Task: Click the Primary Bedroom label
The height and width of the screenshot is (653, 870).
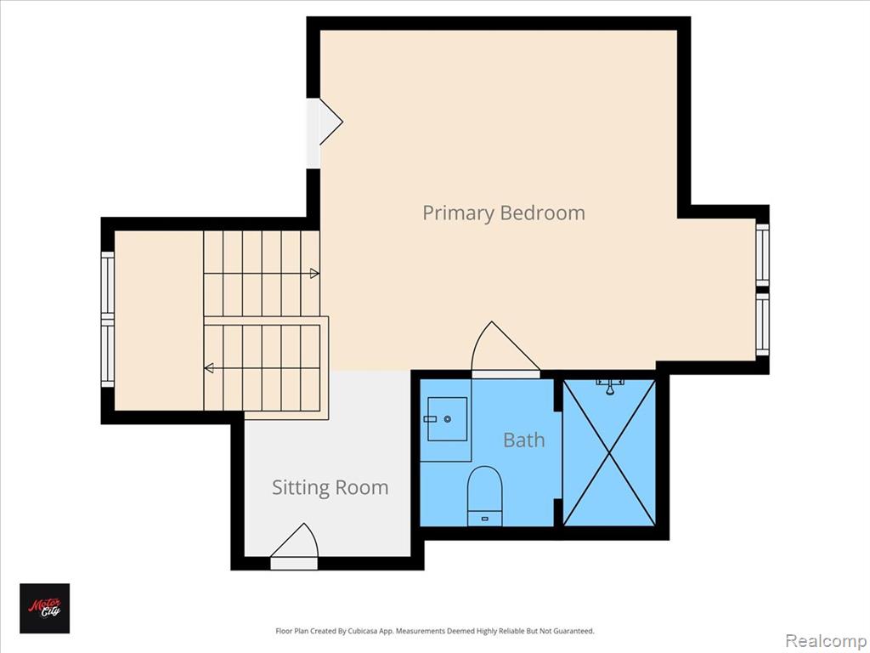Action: pyautogui.click(x=504, y=213)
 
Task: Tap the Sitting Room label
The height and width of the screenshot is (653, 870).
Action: pyautogui.click(x=330, y=487)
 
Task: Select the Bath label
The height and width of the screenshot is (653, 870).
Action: pyautogui.click(x=523, y=440)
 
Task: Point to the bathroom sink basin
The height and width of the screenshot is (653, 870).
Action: pyautogui.click(x=447, y=418)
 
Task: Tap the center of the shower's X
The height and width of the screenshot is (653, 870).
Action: pyautogui.click(x=609, y=452)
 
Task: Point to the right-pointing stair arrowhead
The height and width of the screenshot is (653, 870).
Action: pyautogui.click(x=314, y=273)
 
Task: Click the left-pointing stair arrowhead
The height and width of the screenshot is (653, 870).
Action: pyautogui.click(x=209, y=367)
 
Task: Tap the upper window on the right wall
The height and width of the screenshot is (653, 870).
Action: pyautogui.click(x=762, y=255)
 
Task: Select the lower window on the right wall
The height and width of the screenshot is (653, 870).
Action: pyautogui.click(x=762, y=324)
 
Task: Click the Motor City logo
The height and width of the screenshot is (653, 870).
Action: pyautogui.click(x=45, y=608)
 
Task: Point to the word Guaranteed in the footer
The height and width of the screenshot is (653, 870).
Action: pyautogui.click(x=576, y=631)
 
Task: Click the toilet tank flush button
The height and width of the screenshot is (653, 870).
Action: pyautogui.click(x=485, y=519)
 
